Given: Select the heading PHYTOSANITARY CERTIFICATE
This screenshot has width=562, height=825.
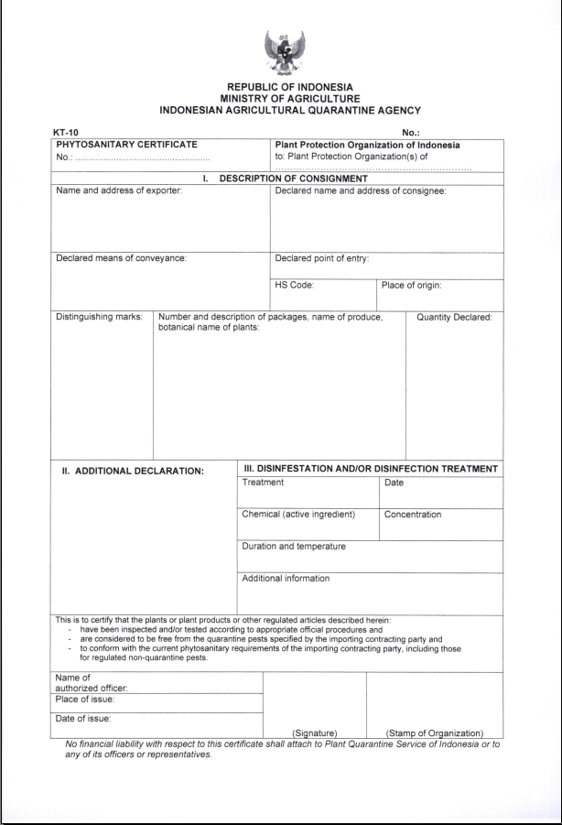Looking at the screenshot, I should [126, 144].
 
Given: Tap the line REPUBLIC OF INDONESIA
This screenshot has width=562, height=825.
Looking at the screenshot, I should [280, 88].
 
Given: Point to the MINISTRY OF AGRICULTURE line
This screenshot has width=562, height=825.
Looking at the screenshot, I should [280, 98].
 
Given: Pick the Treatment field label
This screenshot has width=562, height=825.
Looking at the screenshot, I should [263, 482].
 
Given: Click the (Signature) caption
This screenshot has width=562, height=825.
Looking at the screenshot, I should [315, 733].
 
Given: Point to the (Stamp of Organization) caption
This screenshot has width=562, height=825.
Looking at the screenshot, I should [435, 733].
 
